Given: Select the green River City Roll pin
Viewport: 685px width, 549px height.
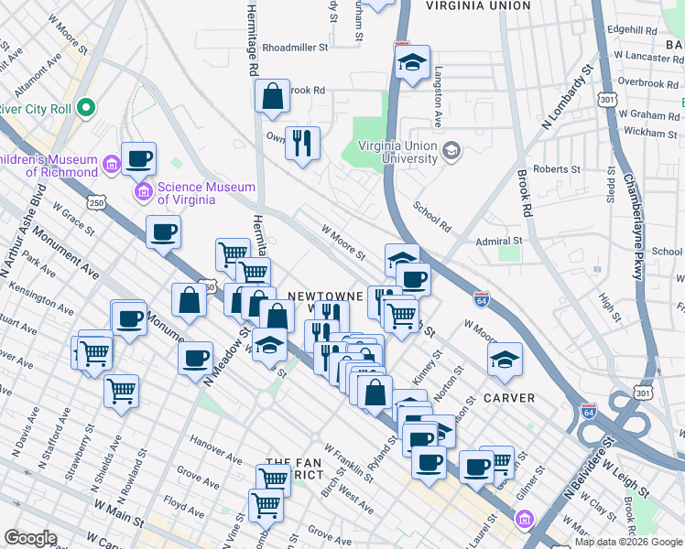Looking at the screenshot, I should click(x=88, y=109).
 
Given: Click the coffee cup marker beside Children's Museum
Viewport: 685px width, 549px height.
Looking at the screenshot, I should click(x=138, y=160).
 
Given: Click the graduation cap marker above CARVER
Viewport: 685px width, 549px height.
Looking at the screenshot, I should click(x=505, y=360).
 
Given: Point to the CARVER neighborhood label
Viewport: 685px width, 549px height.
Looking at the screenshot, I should click(x=505, y=397).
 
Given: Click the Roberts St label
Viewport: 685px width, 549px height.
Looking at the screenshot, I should click(x=557, y=169).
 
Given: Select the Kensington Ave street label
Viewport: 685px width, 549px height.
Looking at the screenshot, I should click(x=38, y=296).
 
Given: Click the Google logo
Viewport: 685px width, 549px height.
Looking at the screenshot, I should click(x=30, y=538).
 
